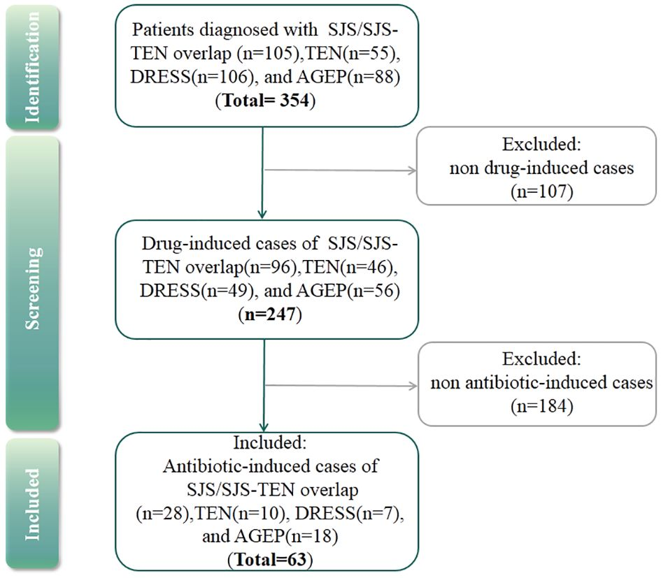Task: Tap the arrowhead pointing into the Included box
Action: [x=262, y=426]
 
